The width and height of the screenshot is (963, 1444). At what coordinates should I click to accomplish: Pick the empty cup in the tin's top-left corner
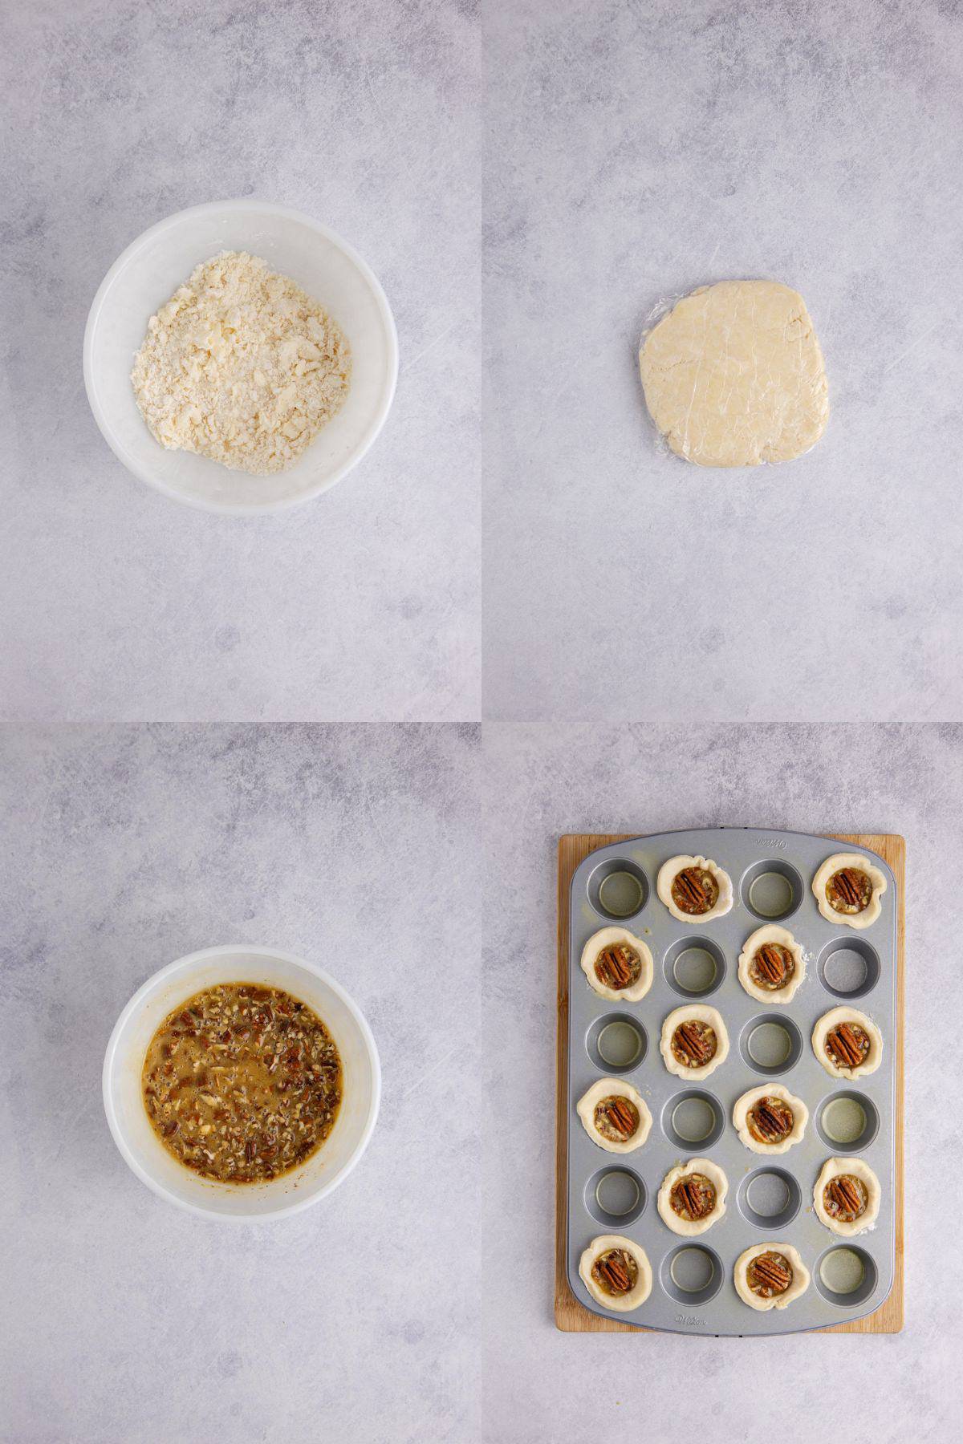[x=617, y=887]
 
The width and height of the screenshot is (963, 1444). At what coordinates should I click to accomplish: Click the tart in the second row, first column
[x=616, y=965]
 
